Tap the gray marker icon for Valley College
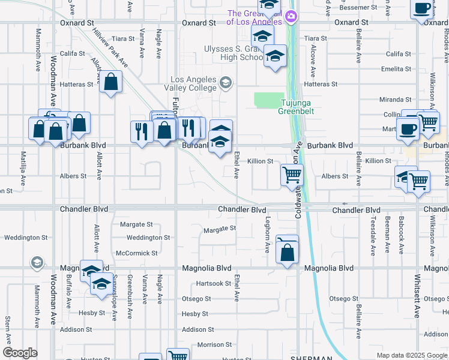click(226, 82)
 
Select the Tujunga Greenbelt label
click(296, 107)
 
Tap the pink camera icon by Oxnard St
click(292, 16)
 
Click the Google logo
click(20, 353)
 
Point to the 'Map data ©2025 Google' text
click(411, 355)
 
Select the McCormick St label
click(136, 253)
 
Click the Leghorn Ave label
click(267, 235)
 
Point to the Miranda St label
click(396, 100)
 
